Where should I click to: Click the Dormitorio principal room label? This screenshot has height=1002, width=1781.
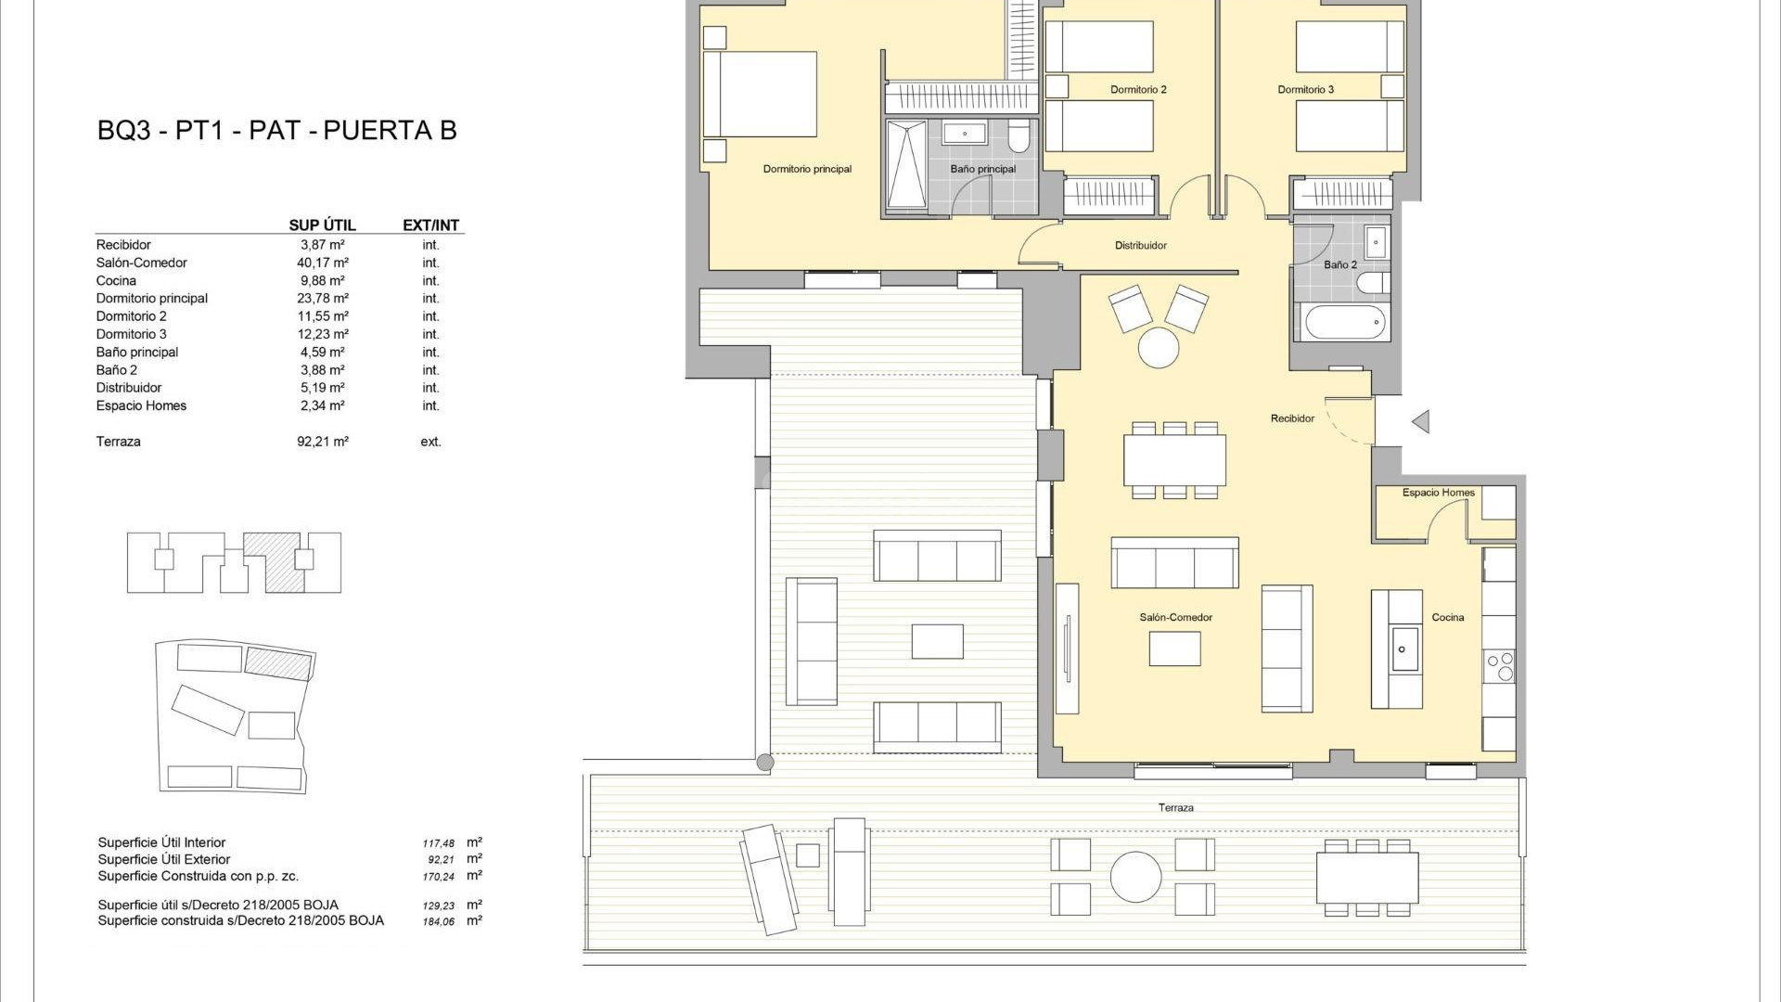(x=807, y=169)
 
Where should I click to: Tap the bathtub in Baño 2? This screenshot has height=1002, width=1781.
(x=1345, y=324)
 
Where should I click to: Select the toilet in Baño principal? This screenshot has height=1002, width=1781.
(x=1019, y=137)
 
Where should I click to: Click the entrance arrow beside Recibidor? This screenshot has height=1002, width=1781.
(x=1420, y=421)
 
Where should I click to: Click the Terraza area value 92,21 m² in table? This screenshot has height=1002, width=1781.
(x=322, y=442)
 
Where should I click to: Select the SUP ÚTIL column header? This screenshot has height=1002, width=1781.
(x=322, y=225)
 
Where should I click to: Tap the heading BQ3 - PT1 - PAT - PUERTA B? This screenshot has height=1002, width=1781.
(x=276, y=131)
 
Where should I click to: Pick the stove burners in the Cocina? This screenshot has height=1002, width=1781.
(x=1499, y=667)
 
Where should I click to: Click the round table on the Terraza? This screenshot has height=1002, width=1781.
(x=1135, y=877)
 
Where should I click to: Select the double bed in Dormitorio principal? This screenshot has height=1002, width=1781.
(x=760, y=95)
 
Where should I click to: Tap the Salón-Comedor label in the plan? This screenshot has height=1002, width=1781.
(x=1175, y=617)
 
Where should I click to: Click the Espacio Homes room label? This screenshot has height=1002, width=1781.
(x=1438, y=493)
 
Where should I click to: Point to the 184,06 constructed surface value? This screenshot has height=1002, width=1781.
(x=438, y=922)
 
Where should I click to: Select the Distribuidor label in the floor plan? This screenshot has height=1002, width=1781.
(x=1140, y=246)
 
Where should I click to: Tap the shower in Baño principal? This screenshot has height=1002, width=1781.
(x=905, y=165)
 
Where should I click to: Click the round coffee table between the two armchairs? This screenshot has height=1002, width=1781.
(x=1159, y=349)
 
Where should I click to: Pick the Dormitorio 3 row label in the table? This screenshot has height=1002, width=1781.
(x=132, y=334)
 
